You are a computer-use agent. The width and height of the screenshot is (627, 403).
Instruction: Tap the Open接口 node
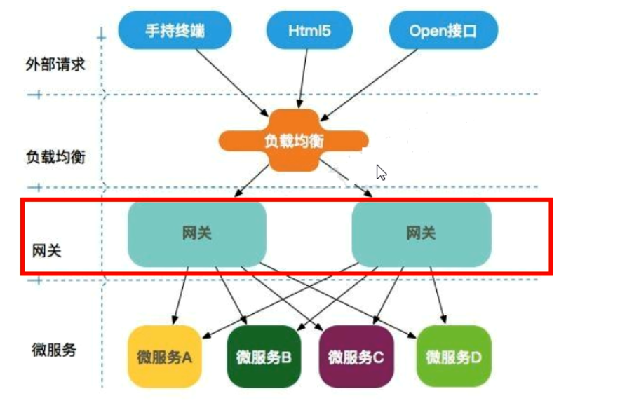point(444,30)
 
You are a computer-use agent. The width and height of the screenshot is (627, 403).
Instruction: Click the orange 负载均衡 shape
point(294,140)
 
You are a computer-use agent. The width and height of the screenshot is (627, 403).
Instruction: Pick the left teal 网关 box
point(197,234)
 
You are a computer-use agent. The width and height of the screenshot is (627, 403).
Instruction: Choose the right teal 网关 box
point(421,234)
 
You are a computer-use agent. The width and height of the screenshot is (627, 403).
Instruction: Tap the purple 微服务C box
point(356,357)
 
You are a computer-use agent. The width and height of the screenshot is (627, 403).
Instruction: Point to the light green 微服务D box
point(454,357)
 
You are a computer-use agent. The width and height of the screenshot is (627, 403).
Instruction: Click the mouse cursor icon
point(381,172)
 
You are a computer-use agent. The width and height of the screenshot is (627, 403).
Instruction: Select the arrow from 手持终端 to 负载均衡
point(228,81)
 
